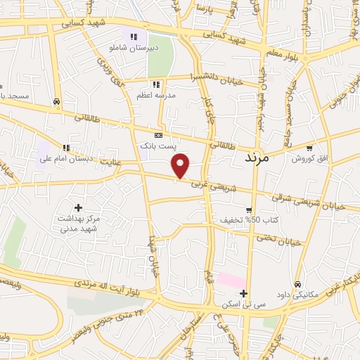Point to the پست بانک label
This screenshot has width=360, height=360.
coord(155,145)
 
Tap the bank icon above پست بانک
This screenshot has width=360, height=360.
coord(158,135)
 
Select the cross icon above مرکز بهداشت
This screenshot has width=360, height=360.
coord(77,207)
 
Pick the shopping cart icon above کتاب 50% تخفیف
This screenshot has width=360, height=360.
coord(249,210)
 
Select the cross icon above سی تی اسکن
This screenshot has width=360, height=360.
coord(243,293)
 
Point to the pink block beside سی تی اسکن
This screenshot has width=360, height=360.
coord(229,280)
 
